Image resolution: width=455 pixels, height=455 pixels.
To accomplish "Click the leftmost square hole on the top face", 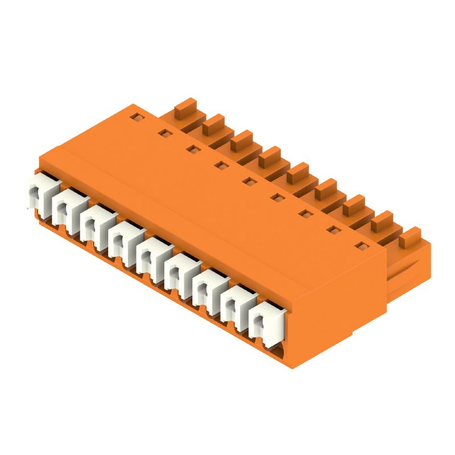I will (136, 118).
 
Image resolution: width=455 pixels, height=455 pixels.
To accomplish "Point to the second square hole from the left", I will (164, 134).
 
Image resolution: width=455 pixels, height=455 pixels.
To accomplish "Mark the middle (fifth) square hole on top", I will (247, 182).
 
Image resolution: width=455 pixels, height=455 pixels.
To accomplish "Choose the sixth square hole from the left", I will (276, 198).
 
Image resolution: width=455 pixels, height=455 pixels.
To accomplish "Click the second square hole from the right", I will (332, 230).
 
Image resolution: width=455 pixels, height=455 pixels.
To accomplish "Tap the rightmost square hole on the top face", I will (359, 246).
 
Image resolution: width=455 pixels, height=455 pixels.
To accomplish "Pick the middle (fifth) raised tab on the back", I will (297, 171).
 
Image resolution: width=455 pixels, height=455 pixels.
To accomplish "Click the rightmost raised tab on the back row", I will (409, 235).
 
